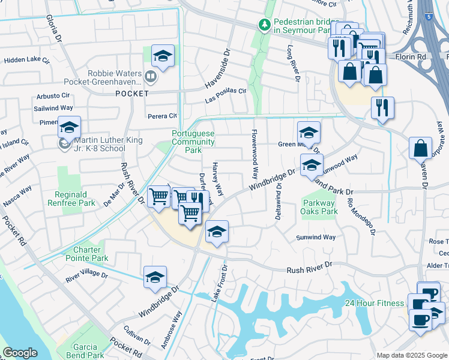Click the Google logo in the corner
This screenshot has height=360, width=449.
tap(20, 353)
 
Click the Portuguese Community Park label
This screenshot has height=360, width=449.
tap(193, 142)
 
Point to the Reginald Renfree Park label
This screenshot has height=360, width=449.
tap(75, 199)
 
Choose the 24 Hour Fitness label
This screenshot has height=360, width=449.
tap(374, 303)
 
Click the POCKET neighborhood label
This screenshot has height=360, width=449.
tap(132, 94)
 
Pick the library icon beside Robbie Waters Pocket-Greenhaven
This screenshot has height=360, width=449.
tap(150, 77)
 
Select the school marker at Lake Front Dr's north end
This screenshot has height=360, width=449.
tap(217, 232)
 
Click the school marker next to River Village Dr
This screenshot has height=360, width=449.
tap(155, 278)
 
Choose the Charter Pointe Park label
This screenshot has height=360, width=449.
tap(91, 254)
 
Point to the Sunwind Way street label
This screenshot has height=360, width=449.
tap(316, 238)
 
